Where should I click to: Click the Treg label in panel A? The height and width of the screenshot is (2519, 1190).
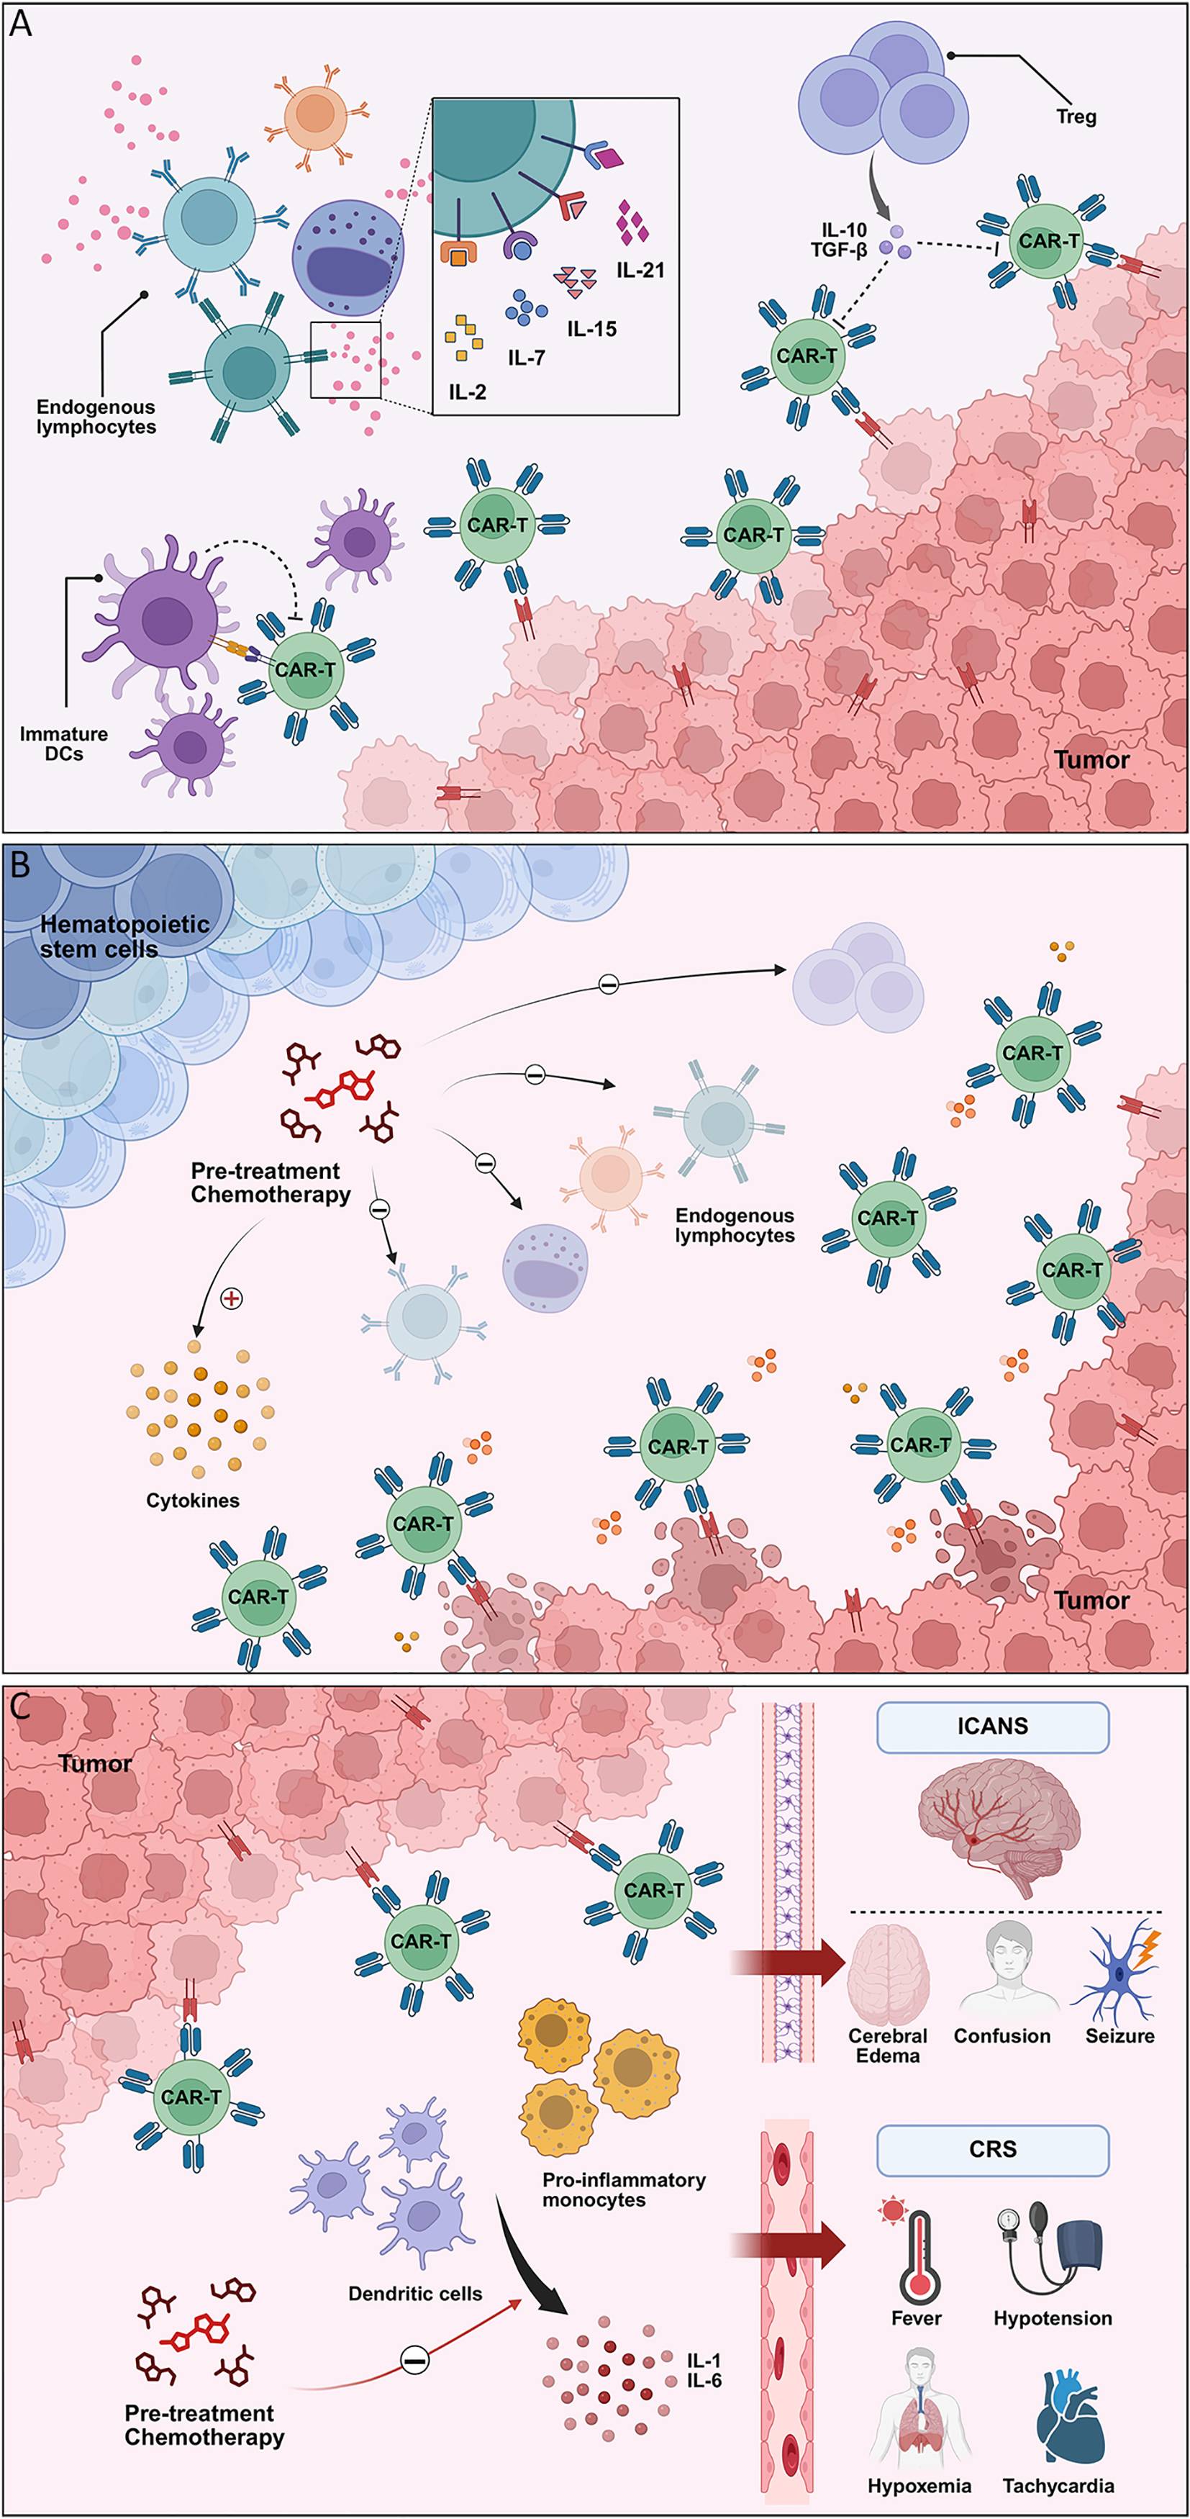[x=1076, y=117]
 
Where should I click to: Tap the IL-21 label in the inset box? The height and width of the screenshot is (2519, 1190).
[x=640, y=270]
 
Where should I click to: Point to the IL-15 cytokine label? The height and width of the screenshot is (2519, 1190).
[x=591, y=329]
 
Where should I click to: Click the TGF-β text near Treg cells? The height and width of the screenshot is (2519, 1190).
[x=838, y=250]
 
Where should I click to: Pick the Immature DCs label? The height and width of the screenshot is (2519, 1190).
[x=63, y=743]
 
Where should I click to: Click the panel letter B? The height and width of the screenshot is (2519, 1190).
[x=19, y=865]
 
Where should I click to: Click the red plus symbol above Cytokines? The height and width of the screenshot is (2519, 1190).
[x=231, y=1298]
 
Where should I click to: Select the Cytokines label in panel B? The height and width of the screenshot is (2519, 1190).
[x=193, y=1500]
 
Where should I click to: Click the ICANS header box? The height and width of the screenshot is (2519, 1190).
[x=992, y=1726]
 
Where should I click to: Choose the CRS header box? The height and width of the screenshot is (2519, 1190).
[x=992, y=2148]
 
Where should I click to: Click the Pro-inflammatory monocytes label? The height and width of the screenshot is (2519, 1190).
[x=624, y=2189]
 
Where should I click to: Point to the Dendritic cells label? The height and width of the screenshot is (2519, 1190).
[x=414, y=2293]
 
